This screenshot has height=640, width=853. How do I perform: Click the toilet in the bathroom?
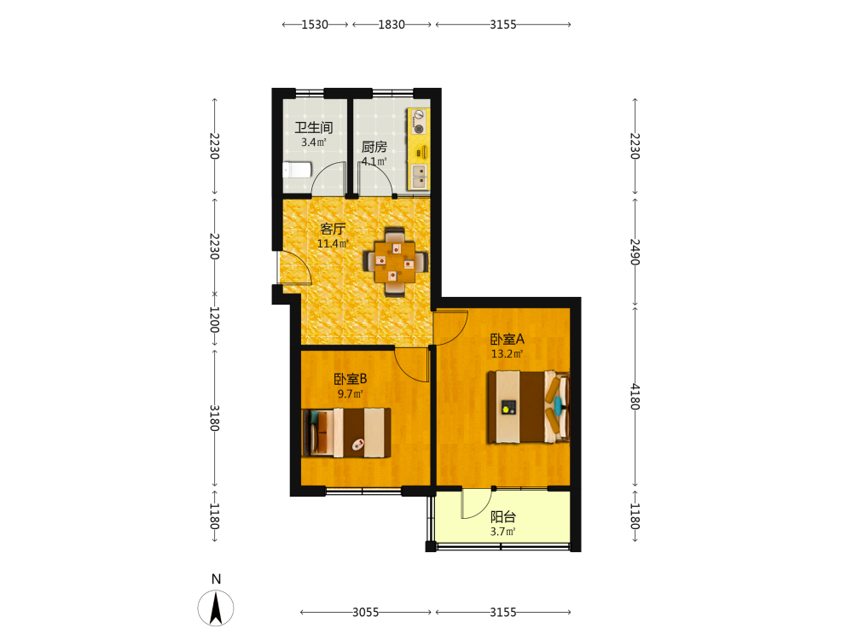click(297, 170)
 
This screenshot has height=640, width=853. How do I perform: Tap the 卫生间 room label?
click(314, 128)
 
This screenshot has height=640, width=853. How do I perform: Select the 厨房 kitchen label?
click(374, 147)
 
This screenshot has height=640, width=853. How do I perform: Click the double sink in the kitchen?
click(419, 176)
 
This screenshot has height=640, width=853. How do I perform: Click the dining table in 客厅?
click(395, 262)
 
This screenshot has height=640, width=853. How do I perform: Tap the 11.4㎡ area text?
click(333, 244)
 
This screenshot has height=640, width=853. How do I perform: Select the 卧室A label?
click(507, 339)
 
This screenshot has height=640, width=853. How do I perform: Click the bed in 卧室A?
click(528, 407)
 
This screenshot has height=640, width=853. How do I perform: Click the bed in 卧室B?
click(346, 433)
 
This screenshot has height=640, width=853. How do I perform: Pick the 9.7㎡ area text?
click(351, 394)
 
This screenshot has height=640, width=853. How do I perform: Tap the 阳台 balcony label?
click(503, 517)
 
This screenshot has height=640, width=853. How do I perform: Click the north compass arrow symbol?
click(216, 608)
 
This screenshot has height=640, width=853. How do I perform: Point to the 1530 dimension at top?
click(315, 25)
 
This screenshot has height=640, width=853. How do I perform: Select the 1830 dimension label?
click(392, 25)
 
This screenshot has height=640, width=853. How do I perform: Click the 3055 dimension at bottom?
click(366, 612)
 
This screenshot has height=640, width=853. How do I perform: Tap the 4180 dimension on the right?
click(635, 397)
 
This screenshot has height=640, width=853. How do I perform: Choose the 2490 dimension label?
click(635, 252)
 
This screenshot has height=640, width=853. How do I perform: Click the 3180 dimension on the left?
click(215, 418)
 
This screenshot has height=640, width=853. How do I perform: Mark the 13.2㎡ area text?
click(507, 354)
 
